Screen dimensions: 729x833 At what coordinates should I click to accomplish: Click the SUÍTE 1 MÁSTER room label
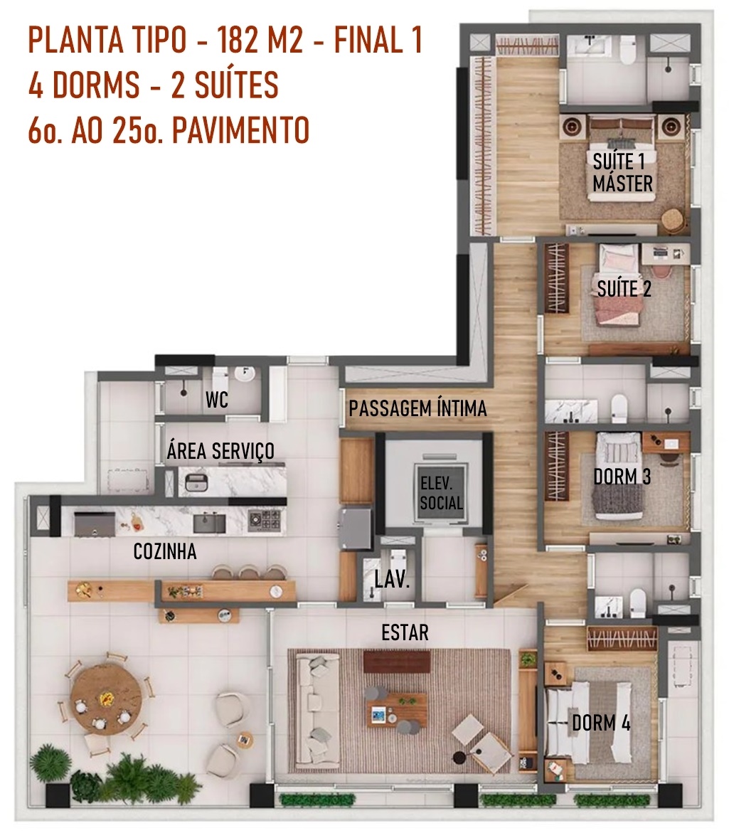tap(622, 173)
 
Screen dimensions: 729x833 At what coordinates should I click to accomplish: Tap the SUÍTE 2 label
tap(624, 289)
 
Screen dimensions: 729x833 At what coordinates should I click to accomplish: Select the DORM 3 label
tap(622, 477)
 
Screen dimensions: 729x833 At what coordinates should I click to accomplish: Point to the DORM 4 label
tap(601, 723)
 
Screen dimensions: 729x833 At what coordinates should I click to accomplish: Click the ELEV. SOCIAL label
tap(441, 493)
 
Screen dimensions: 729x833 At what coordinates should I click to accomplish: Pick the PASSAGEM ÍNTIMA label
tap(417, 408)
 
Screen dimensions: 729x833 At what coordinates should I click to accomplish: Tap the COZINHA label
tap(164, 551)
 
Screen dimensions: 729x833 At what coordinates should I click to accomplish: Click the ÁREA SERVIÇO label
tap(220, 450)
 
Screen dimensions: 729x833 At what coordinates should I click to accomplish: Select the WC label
tap(217, 400)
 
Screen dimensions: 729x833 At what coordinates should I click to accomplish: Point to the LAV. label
tap(392, 579)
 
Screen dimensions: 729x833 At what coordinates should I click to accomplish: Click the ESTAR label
tap(405, 632)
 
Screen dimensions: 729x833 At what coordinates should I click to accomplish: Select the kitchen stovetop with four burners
tap(264, 519)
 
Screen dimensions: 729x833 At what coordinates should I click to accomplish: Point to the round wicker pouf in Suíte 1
tap(673, 219)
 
